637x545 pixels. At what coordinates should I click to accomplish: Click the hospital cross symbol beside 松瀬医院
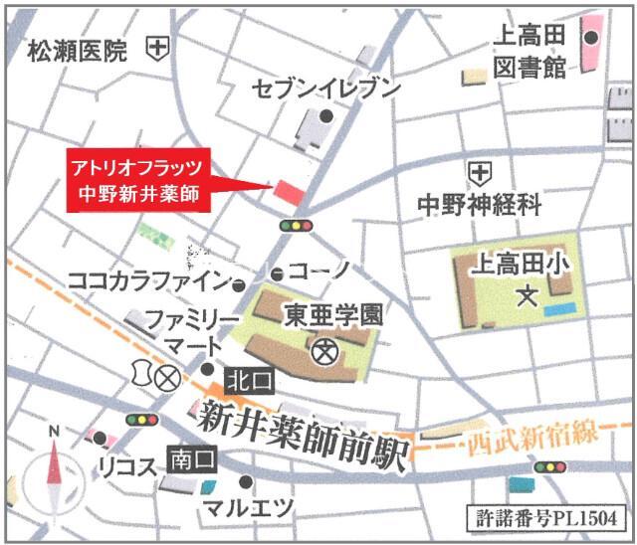click(x=157, y=48)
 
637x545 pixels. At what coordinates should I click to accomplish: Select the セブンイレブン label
click(x=325, y=88)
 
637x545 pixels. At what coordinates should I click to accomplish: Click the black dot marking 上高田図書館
click(x=591, y=39)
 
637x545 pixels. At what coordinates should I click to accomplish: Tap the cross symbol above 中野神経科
click(x=481, y=174)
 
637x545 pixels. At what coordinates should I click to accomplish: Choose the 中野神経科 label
click(x=480, y=206)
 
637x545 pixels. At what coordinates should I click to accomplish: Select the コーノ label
click(x=320, y=272)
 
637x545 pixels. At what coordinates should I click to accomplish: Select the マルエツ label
click(x=248, y=507)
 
